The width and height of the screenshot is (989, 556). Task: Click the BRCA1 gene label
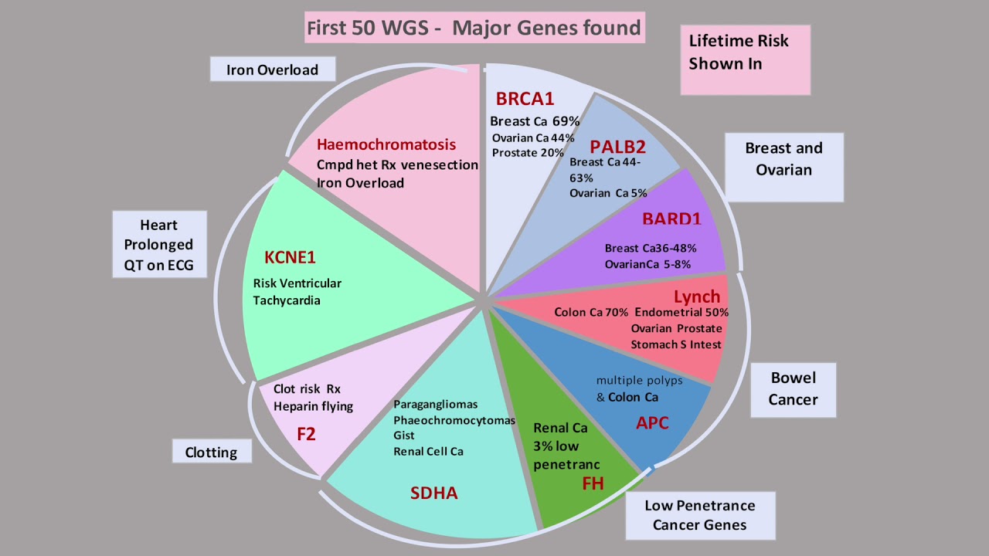tap(525, 99)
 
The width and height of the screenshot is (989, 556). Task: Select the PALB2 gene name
tap(617, 147)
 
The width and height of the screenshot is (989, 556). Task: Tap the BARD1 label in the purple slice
tap(671, 219)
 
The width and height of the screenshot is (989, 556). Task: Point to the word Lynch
tap(696, 297)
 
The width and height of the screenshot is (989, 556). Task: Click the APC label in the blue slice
tap(652, 422)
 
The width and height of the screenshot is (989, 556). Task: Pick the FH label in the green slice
tap(593, 483)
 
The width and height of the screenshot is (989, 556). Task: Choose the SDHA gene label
tap(433, 493)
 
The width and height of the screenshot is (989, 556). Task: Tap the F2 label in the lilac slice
tap(306, 434)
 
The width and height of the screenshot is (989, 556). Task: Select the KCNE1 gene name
tap(290, 258)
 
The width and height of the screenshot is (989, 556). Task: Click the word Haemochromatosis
tap(386, 144)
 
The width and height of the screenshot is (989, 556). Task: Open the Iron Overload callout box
tap(272, 69)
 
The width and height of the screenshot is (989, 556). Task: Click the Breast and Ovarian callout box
tap(783, 158)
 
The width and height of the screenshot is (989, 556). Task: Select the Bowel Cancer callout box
tap(793, 388)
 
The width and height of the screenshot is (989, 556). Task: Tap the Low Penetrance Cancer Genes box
tap(699, 515)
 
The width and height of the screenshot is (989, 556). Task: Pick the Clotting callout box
tap(211, 452)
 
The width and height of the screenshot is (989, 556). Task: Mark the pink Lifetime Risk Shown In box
tap(745, 59)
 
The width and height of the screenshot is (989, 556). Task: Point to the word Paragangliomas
tap(435, 405)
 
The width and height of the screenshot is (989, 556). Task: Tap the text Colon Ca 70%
tap(591, 312)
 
